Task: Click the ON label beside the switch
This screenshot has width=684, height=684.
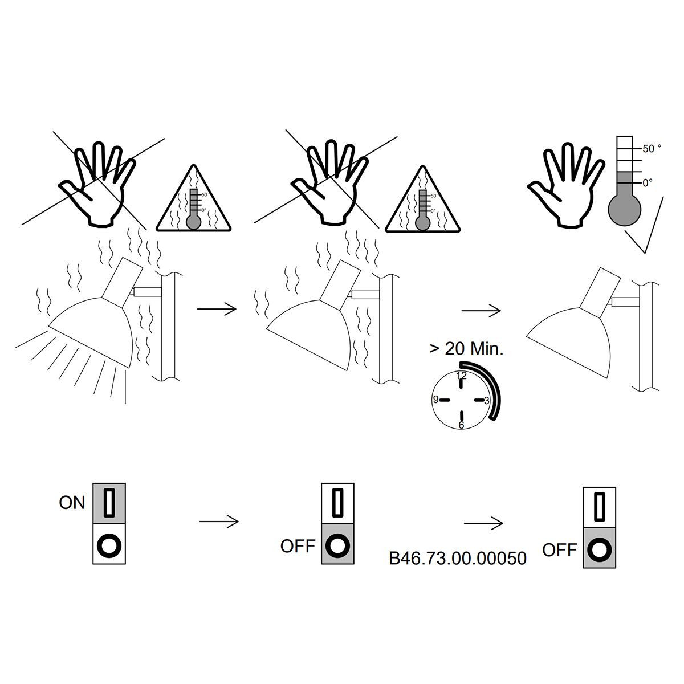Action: click(x=72, y=503)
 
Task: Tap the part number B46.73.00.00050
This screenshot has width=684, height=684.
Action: click(x=458, y=559)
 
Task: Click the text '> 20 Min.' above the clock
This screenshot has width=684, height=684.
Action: click(x=466, y=349)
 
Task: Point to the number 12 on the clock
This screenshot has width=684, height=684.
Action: click(x=462, y=376)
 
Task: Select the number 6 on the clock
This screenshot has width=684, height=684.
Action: click(x=461, y=425)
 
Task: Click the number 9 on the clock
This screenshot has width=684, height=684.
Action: click(x=436, y=400)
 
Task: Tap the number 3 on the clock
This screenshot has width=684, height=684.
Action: click(x=487, y=400)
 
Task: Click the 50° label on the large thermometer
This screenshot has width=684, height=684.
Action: click(x=652, y=149)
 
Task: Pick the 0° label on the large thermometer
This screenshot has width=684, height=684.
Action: click(x=648, y=183)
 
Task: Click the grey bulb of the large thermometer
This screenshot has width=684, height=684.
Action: click(x=625, y=209)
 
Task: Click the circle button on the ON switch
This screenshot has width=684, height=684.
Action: click(x=109, y=545)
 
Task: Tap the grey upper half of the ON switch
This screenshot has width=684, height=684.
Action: click(x=109, y=503)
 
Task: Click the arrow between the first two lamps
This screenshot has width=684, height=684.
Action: click(x=217, y=309)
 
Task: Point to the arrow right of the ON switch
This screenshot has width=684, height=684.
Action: click(x=219, y=522)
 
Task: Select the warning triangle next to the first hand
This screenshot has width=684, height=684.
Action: click(x=193, y=199)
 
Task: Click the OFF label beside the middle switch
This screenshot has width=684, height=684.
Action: click(x=298, y=546)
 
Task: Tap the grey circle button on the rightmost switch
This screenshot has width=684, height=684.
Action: click(x=600, y=550)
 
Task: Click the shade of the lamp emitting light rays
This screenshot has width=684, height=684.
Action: click(x=93, y=333)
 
